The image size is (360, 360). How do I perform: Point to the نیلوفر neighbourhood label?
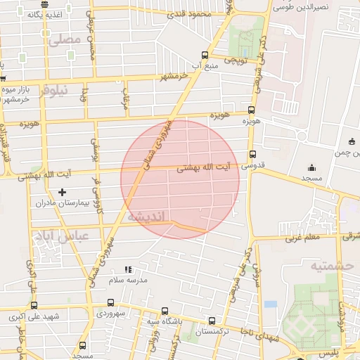[57, 90]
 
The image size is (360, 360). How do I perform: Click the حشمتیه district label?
[327, 266]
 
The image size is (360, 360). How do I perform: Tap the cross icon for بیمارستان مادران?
[62, 191]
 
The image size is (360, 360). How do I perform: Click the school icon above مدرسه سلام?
[127, 269]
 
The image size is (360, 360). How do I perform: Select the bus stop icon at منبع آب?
[205, 55]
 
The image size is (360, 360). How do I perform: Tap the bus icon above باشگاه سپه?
[165, 311]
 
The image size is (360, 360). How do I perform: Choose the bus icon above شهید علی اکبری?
[34, 305]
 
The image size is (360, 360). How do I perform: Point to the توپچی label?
[236, 60]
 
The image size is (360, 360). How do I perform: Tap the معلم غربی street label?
[302, 238]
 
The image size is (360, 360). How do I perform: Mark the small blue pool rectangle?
[271, 304]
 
